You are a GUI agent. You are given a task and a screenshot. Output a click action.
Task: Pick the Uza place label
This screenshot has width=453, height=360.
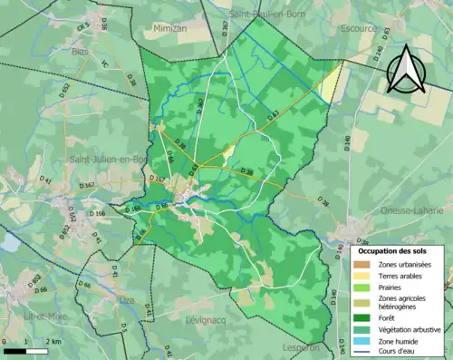[x=127, y=297]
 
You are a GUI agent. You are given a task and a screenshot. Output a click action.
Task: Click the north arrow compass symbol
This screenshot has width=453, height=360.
[x=405, y=63]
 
